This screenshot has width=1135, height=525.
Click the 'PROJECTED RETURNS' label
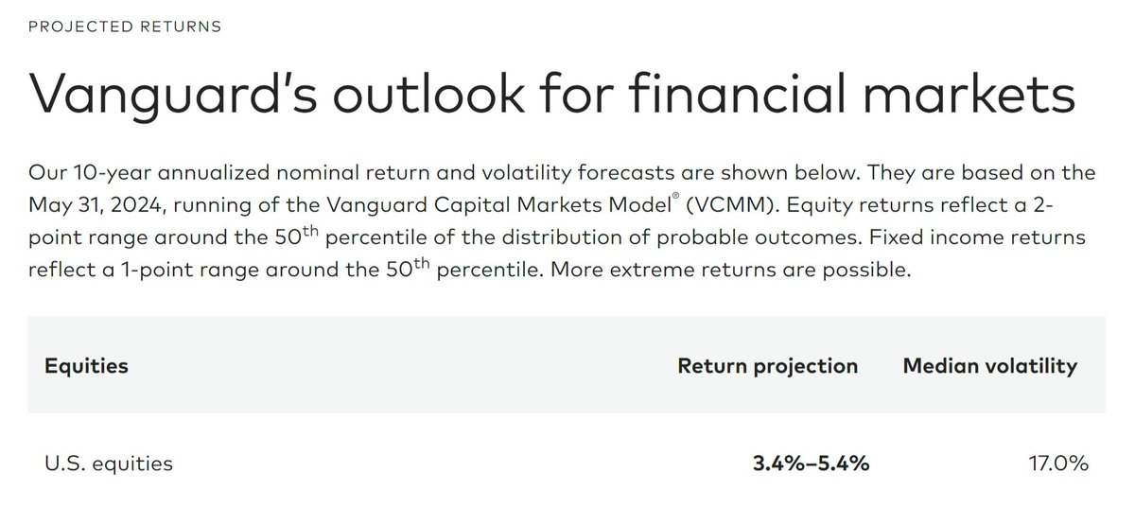pyautogui.click(x=125, y=26)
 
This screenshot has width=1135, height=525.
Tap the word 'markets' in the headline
pyautogui.click(x=969, y=94)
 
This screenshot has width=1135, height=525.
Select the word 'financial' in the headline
pyautogui.click(x=738, y=94)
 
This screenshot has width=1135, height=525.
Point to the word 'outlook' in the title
pyautogui.click(x=428, y=94)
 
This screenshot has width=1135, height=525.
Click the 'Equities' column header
pyautogui.click(x=87, y=366)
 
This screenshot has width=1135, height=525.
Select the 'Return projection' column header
pyautogui.click(x=768, y=366)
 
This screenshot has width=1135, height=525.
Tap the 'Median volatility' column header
pyautogui.click(x=990, y=366)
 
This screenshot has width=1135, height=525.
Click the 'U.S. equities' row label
pyautogui.click(x=109, y=464)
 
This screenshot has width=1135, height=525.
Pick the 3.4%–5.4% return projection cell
pyautogui.click(x=811, y=464)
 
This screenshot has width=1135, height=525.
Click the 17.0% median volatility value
pyautogui.click(x=1058, y=464)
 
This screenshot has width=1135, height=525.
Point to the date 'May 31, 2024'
pyautogui.click(x=96, y=205)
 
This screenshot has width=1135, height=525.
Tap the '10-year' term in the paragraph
pyautogui.click(x=113, y=173)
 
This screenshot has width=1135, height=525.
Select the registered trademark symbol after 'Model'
pyautogui.click(x=675, y=196)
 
